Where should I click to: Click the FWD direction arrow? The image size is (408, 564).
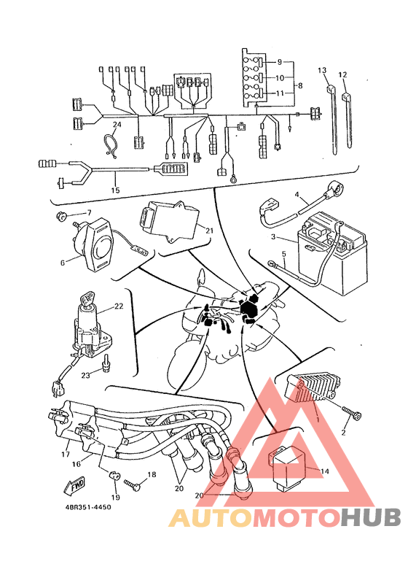click(x=75, y=485)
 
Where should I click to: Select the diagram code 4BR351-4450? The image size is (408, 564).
click(x=88, y=507)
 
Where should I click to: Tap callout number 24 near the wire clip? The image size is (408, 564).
click(x=117, y=125)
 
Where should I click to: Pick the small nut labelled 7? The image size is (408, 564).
click(x=61, y=217)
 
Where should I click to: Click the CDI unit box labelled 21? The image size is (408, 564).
click(x=168, y=222)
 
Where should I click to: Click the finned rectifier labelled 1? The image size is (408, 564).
click(x=313, y=390)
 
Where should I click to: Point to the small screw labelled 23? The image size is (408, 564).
click(x=106, y=363)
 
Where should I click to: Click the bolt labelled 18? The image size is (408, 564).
click(x=132, y=484)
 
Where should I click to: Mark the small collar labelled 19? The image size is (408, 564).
click(x=114, y=475)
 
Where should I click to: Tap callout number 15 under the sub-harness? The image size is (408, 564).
click(x=115, y=190)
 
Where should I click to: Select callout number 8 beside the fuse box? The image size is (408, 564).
click(x=300, y=85)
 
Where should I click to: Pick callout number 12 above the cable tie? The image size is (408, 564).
click(x=342, y=74)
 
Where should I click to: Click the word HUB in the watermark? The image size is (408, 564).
click(x=372, y=517)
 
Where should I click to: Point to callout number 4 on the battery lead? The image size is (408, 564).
click(x=297, y=195)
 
